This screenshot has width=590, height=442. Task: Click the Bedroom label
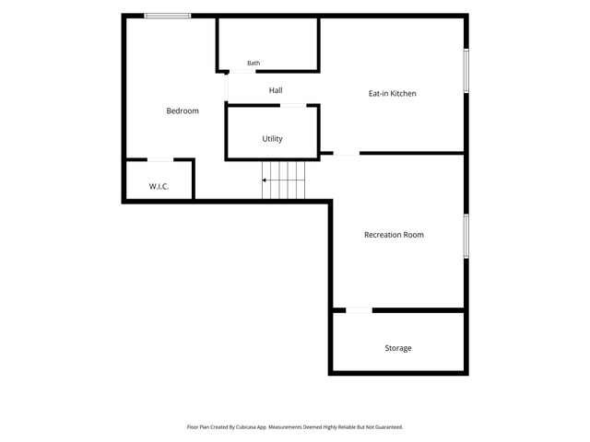pyautogui.click(x=183, y=110)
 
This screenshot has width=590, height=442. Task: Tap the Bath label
pyautogui.click(x=254, y=64)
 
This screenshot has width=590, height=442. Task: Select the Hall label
pyautogui.click(x=276, y=90)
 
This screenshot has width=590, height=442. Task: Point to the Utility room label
pyautogui.click(x=273, y=139)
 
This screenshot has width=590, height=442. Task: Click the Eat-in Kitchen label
pyautogui.click(x=393, y=94)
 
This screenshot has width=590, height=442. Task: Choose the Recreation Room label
pyautogui.click(x=394, y=235)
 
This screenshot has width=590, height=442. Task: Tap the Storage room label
pyautogui.click(x=398, y=348)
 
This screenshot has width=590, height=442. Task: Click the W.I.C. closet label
pyautogui.click(x=159, y=186)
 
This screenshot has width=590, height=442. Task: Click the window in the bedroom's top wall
pyautogui.click(x=168, y=16)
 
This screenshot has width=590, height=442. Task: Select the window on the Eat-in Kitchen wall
pyautogui.click(x=466, y=71)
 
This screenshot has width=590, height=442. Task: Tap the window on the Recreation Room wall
pyautogui.click(x=466, y=236)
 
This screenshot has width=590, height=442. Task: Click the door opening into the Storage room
pyautogui.click(x=359, y=310)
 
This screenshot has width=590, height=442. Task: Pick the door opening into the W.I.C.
pyautogui.click(x=160, y=160)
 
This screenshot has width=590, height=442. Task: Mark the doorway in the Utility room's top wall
pyautogui.click(x=293, y=106)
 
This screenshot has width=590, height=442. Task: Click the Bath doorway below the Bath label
pyautogui.click(x=242, y=72)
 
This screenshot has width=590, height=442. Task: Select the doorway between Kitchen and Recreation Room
pyautogui.click(x=347, y=154)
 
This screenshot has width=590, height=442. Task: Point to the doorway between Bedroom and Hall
pyautogui.click(x=226, y=87)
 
